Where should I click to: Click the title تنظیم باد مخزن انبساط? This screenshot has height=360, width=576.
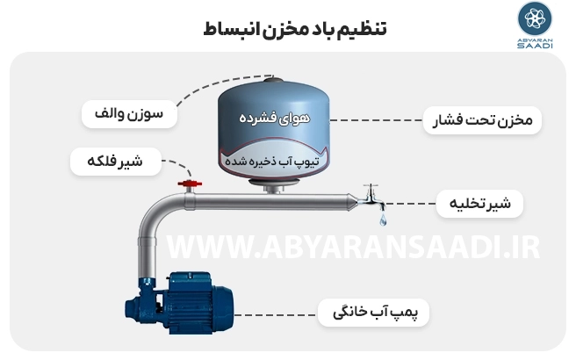tap(295, 29)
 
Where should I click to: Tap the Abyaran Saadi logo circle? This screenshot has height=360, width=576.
tap(535, 18)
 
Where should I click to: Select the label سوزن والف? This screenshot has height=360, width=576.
tap(129, 114)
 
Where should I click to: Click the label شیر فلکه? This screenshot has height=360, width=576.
tap(116, 162)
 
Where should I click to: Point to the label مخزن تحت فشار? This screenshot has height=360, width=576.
tap(482, 120)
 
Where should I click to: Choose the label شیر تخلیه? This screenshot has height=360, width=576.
tap(479, 203)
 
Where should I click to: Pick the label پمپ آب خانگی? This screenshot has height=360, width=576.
tap(373, 313)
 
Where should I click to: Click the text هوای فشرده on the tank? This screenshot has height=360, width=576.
tap(275, 118)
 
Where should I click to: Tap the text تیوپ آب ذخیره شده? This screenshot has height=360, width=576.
tap(272, 162)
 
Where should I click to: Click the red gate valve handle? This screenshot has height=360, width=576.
tap(190, 184)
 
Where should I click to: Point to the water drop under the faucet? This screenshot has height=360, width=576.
tap(383, 220)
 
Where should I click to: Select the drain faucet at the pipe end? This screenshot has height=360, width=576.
tap(371, 198)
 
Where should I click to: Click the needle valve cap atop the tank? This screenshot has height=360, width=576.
tap(274, 80)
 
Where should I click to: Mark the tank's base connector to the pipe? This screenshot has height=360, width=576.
tap(272, 186)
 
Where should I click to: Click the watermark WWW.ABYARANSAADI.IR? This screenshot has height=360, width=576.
tap(353, 248)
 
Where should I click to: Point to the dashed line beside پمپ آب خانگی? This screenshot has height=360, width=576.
tap(275, 315)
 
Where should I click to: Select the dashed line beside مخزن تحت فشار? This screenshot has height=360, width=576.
tap(376, 120)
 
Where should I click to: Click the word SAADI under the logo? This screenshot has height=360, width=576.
tap(535, 46)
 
